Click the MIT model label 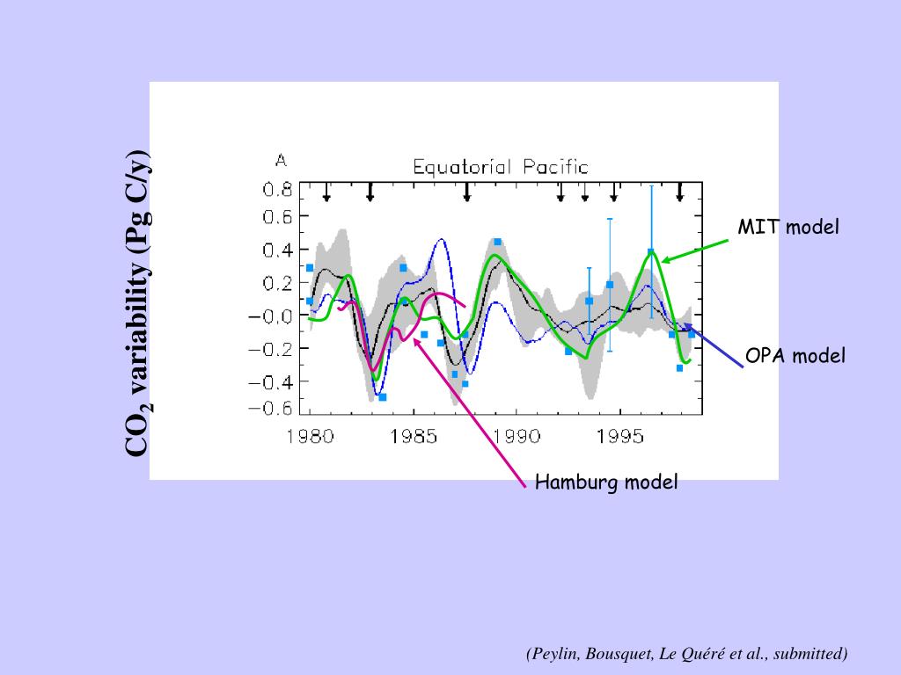(788, 227)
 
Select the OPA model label (795, 356)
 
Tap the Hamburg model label (607, 482)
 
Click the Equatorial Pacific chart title (501, 166)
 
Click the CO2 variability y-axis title (138, 300)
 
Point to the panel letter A (281, 161)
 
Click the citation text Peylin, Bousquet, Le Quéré (687, 653)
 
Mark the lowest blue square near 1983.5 (383, 397)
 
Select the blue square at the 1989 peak (497, 242)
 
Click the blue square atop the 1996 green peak (651, 252)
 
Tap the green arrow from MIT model (695, 250)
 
